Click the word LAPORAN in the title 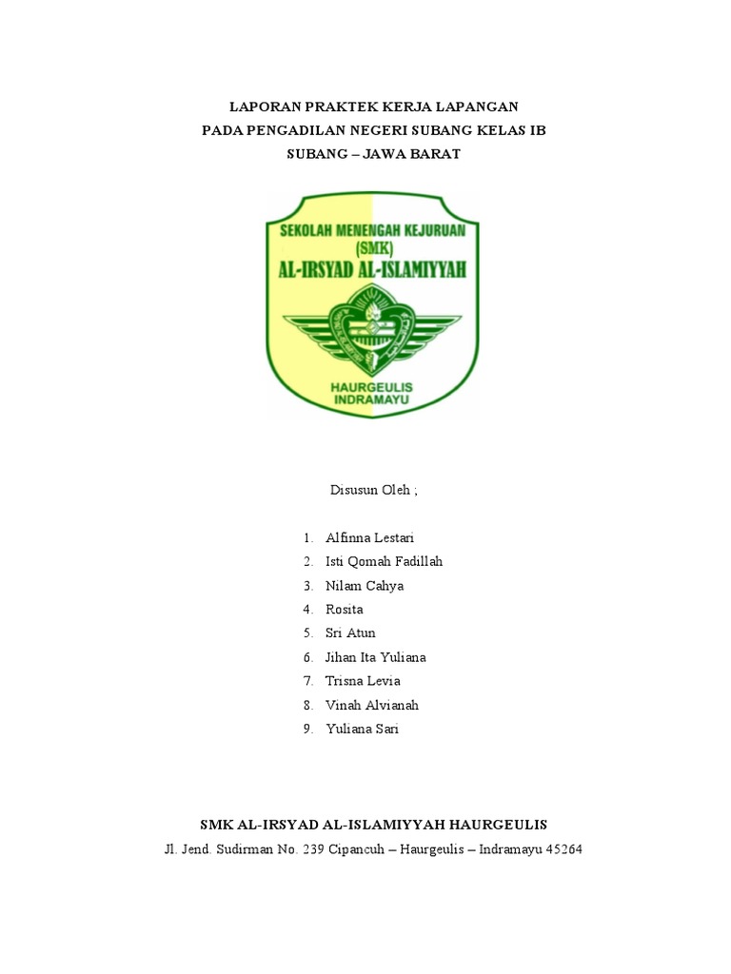(267, 107)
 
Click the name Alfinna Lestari (370, 537)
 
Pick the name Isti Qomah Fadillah (384, 561)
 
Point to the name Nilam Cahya (365, 585)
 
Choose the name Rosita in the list (345, 609)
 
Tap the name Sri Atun (350, 633)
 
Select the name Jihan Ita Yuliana (376, 657)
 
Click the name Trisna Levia (363, 681)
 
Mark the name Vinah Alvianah (372, 705)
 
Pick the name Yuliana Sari (363, 729)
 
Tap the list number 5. (308, 633)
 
